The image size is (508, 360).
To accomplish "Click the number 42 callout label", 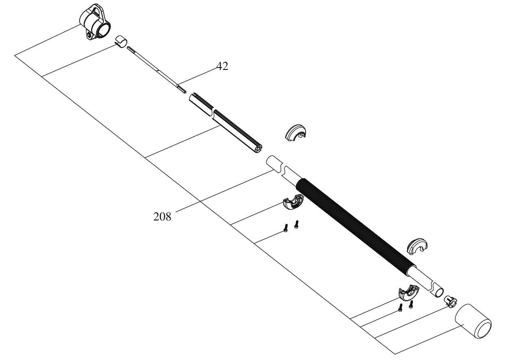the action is click(222, 66).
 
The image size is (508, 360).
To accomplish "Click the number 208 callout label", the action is click(162, 217).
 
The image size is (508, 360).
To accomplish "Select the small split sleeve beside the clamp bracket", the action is click(122, 41).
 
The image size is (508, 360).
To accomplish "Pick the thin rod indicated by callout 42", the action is click(156, 70).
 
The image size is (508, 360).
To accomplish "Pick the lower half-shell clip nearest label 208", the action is click(293, 202).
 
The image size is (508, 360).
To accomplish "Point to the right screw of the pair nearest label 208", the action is click(296, 224).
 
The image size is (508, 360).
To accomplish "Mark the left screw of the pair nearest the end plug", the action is click(400, 308).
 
